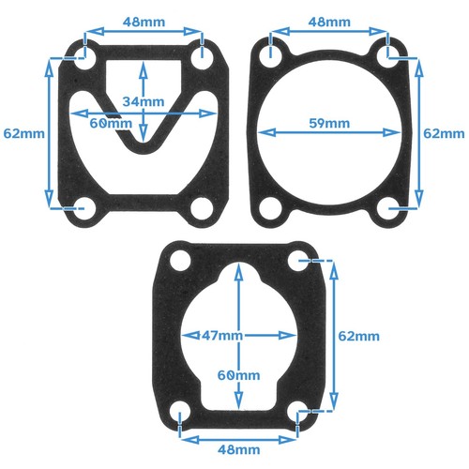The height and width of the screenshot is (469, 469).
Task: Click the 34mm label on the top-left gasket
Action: pyautogui.click(x=142, y=100)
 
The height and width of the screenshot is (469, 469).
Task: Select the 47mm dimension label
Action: pyautogui.click(x=222, y=335)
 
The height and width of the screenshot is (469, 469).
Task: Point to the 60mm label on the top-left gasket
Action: pyautogui.click(x=110, y=123)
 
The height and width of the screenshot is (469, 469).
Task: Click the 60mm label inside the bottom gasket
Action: pyautogui.click(x=238, y=374)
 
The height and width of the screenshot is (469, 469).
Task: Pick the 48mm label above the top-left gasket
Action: pyautogui.click(x=144, y=20)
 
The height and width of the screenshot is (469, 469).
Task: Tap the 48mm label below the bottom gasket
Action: pyautogui.click(x=238, y=449)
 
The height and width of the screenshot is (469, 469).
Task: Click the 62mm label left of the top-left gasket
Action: pyautogui.click(x=23, y=133)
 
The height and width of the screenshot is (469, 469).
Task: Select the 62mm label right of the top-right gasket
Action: pyautogui.click(x=445, y=133)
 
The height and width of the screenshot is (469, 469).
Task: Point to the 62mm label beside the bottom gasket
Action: pyautogui.click(x=358, y=335)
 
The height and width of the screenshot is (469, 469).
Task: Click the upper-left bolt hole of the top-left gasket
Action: pyautogui.click(x=83, y=56)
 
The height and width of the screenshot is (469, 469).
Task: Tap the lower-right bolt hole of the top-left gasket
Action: pyautogui.click(x=204, y=206)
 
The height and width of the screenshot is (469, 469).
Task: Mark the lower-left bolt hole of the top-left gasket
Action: pyautogui.click(x=83, y=206)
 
